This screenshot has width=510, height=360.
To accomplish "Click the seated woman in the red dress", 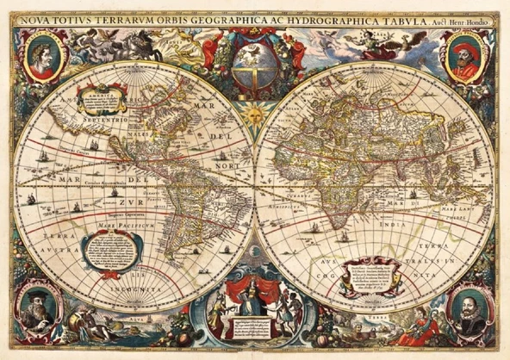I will coord(422,332).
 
